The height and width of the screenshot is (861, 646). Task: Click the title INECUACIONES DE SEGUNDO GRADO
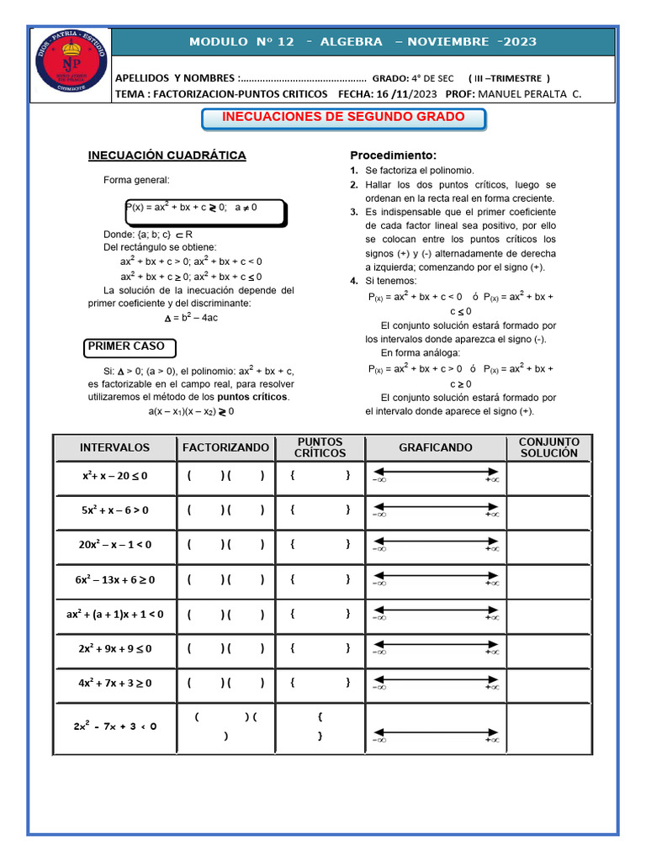coord(343,118)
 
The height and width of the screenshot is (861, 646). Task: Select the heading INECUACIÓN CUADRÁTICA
coord(167,156)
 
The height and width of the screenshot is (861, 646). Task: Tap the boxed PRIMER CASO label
coord(127,346)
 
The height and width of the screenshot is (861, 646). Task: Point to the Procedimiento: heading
coord(393,156)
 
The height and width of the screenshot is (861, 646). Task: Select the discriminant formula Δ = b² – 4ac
coord(191,318)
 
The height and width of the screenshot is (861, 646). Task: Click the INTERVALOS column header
coord(114,447)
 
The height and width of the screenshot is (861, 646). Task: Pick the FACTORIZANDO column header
coord(225,447)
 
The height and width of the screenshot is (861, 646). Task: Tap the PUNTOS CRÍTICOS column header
coord(320,447)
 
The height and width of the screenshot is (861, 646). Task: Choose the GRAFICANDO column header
coord(435,447)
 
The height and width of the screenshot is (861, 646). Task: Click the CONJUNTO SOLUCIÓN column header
coord(548,447)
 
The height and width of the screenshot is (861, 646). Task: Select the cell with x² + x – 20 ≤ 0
coord(114,475)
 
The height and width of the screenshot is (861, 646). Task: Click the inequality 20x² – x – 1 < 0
coord(114,544)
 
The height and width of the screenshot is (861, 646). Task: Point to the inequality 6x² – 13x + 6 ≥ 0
coord(114,579)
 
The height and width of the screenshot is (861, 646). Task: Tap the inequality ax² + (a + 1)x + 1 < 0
coord(114,614)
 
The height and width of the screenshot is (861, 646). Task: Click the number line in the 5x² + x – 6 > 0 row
coord(435,510)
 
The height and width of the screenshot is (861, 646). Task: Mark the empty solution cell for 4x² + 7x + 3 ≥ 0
coord(548,683)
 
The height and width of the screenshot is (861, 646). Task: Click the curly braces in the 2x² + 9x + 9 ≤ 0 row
coord(320,648)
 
